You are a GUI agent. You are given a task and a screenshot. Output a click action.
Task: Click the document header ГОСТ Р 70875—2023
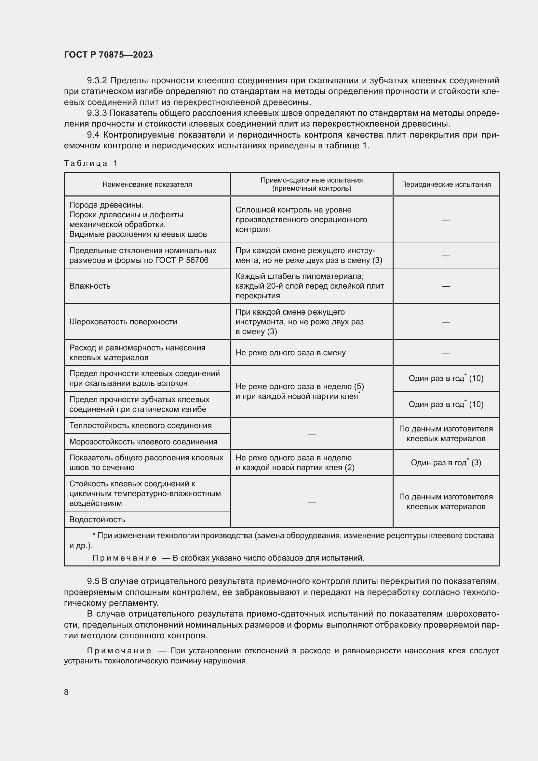(108, 55)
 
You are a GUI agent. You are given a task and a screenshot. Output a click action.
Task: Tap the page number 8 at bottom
(66, 692)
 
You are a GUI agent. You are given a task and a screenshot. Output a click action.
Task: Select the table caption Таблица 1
(91, 163)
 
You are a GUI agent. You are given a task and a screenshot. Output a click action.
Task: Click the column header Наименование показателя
(147, 184)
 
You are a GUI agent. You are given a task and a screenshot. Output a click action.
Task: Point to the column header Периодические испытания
(446, 184)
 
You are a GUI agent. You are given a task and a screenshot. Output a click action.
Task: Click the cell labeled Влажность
(90, 286)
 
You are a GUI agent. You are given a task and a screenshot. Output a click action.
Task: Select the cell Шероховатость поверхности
(123, 321)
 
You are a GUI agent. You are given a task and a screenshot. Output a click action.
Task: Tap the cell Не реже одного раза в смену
(290, 353)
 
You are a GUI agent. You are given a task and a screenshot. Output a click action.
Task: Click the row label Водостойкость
(97, 519)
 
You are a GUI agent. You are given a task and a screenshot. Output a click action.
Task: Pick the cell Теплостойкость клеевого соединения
(141, 425)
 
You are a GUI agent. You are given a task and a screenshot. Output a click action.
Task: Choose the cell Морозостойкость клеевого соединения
(143, 442)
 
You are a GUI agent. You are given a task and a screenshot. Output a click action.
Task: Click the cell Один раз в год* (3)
(446, 462)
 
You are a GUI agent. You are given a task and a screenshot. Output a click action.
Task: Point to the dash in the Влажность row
(446, 286)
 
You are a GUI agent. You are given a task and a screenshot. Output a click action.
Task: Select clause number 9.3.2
(97, 81)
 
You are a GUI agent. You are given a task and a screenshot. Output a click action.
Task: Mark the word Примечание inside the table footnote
(124, 558)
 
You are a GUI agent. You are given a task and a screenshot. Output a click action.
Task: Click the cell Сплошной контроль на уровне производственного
(301, 219)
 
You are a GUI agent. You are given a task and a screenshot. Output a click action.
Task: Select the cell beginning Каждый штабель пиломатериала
(309, 286)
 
